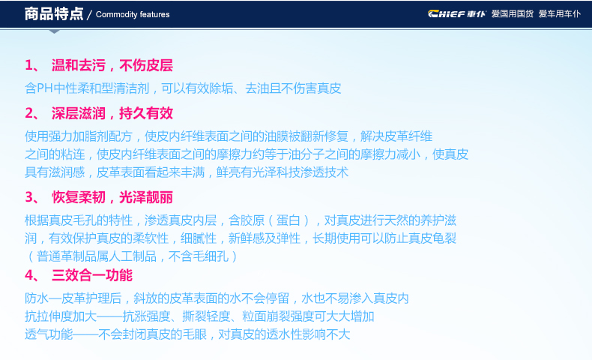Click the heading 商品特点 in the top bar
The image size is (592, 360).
[54, 14]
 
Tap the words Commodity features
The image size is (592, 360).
[133, 14]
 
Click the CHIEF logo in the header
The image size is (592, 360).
[457, 14]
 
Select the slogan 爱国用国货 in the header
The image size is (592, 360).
[513, 14]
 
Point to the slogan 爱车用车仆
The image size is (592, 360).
[560, 14]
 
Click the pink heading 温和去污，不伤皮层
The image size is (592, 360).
[112, 65]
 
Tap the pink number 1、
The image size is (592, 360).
[32, 65]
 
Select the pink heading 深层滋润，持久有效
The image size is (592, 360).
[112, 113]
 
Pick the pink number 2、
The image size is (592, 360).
[32, 113]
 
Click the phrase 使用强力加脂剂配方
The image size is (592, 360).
[79, 136]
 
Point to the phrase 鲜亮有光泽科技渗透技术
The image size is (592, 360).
[283, 172]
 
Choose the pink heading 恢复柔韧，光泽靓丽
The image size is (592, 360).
[112, 197]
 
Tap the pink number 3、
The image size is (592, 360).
[32, 197]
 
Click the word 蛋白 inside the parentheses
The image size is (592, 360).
[288, 220]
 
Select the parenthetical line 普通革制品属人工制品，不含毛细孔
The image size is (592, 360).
[133, 256]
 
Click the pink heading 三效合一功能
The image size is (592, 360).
[92, 275]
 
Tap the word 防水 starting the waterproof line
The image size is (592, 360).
[37, 298]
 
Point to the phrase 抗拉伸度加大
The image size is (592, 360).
[61, 316]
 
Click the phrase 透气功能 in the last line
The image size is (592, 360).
[49, 334]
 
